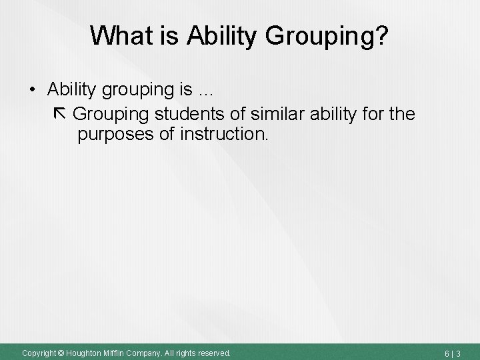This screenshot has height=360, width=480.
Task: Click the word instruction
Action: click(224, 135)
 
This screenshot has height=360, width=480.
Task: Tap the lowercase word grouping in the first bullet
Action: click(125, 91)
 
